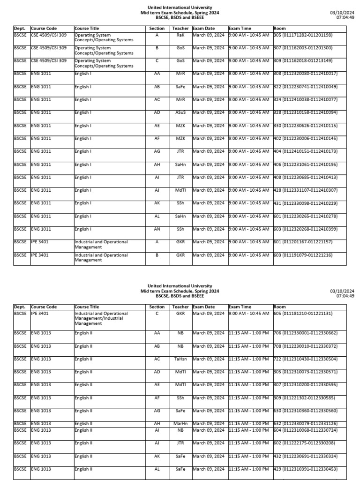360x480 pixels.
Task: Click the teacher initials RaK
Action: pyautogui.click(x=180, y=35)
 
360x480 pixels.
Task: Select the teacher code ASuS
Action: pyautogui.click(x=180, y=112)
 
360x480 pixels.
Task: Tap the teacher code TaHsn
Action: pyautogui.click(x=180, y=359)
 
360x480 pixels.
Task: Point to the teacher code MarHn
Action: pyautogui.click(x=180, y=424)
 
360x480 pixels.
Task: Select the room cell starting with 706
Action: pyautogui.click(x=305, y=333)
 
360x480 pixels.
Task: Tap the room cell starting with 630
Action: pyautogui.click(x=305, y=411)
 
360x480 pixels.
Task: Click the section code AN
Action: pyautogui.click(x=157, y=229)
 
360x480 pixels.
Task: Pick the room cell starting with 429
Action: pyautogui.click(x=305, y=469)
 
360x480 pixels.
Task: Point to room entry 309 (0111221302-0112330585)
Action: pyautogui.click(x=303, y=398)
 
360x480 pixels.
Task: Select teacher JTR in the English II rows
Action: pyautogui.click(x=180, y=443)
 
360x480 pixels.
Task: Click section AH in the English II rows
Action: pyautogui.click(x=157, y=424)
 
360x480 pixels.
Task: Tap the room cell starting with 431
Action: pyautogui.click(x=305, y=203)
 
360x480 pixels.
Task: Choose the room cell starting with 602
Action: pyautogui.click(x=303, y=443)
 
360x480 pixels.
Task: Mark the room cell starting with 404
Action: pyautogui.click(x=305, y=151)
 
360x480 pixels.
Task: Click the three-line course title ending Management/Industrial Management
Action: pyautogui.click(x=101, y=318)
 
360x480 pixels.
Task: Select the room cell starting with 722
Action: pyautogui.click(x=305, y=359)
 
